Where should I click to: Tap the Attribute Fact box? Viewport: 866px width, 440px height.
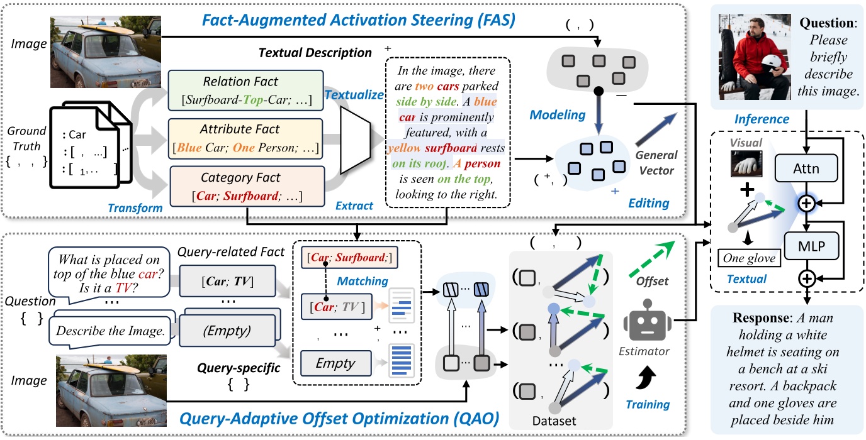pos(245,137)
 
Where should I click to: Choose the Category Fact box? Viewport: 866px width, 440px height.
pos(245,184)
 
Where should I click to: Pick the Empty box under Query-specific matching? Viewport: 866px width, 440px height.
pos(336,363)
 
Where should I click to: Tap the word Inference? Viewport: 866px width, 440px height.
pos(762,119)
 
